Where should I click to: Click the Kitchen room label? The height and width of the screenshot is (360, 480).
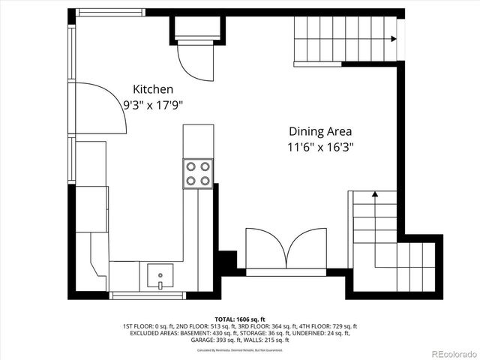click(153, 88)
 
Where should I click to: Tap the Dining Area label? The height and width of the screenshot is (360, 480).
click(320, 130)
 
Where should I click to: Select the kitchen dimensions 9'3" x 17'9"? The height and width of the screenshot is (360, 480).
click(153, 106)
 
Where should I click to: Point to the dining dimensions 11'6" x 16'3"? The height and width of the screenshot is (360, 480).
click(320, 148)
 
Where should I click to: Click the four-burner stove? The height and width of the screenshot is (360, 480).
click(198, 173)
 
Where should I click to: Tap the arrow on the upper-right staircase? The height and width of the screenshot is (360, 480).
click(393, 39)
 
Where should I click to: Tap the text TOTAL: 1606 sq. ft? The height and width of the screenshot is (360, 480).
click(240, 319)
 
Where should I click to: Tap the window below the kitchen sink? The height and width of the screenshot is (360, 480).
click(148, 295)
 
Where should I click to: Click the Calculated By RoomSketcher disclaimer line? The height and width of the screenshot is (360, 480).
click(240, 349)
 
